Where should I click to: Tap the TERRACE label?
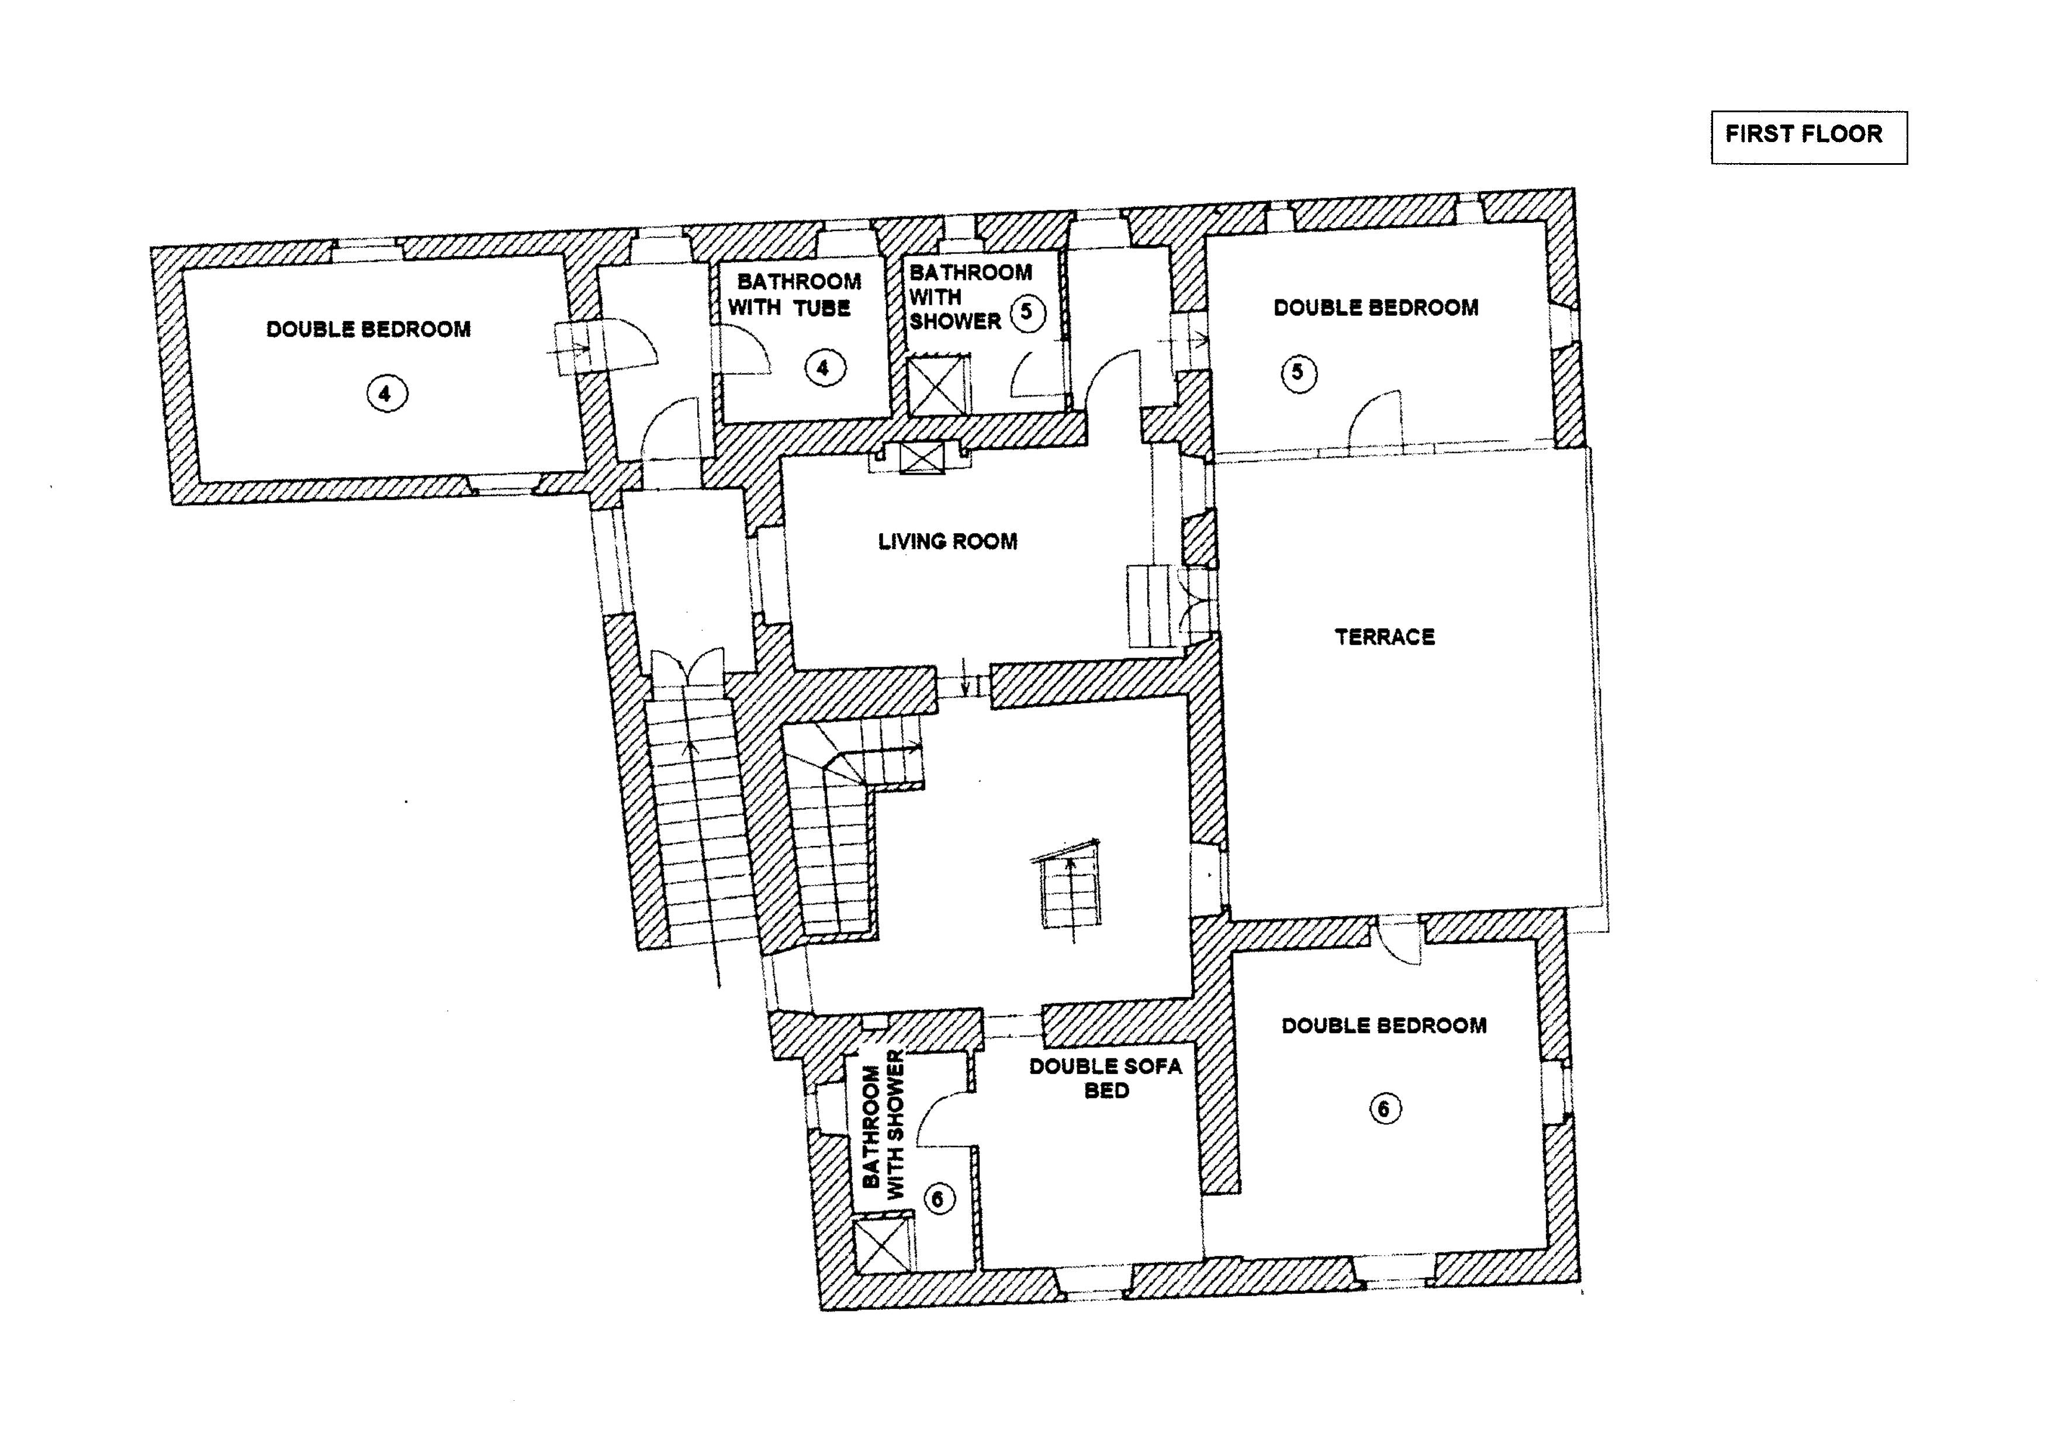click(1385, 637)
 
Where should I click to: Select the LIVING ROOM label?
click(947, 541)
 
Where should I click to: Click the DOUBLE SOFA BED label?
click(1105, 1078)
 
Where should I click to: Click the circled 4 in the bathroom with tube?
click(822, 368)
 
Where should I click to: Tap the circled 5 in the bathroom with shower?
click(1028, 312)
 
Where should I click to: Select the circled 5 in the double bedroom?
click(1298, 372)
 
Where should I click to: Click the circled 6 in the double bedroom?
click(1385, 1109)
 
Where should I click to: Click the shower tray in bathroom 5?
click(937, 385)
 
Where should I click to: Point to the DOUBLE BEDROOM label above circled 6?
click(1383, 1026)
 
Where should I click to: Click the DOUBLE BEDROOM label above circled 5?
click(1375, 308)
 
